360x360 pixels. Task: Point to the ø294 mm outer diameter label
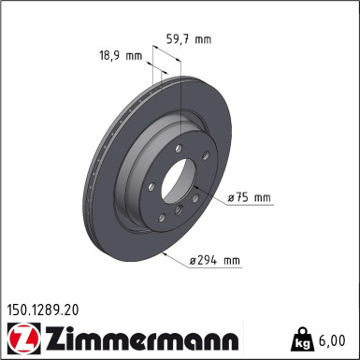pos(214,260)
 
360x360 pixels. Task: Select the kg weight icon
pos(304,337)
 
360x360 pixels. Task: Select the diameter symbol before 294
pos(193,261)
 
